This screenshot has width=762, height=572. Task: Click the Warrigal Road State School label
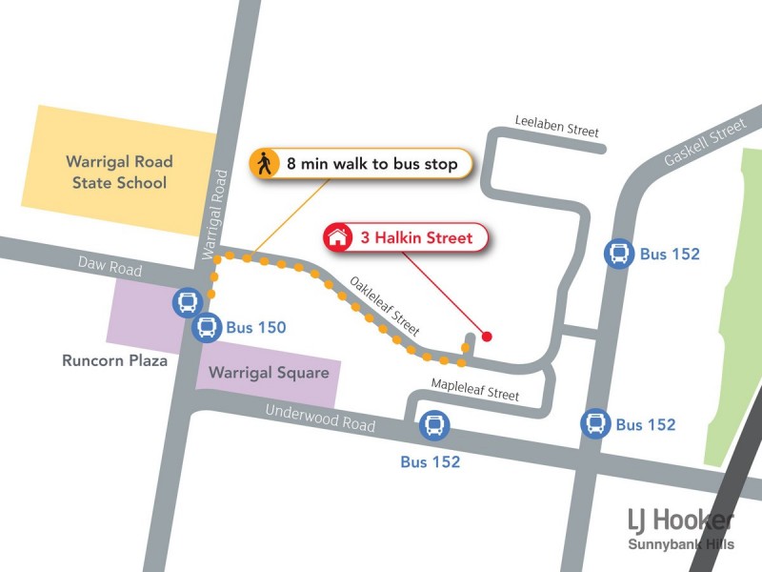click(119, 173)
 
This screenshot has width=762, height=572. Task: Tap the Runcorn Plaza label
click(114, 361)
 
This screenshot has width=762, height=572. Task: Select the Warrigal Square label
click(269, 373)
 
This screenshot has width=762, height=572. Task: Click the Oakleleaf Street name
click(384, 305)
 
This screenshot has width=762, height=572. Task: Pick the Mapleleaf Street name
click(474, 389)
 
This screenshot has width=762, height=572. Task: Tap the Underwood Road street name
click(320, 418)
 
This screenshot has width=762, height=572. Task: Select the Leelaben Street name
click(557, 126)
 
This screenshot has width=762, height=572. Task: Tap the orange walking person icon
click(265, 164)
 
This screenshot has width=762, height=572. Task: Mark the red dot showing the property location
click(487, 336)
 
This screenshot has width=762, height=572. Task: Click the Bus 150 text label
click(255, 328)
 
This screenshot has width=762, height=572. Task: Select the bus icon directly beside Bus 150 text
click(206, 328)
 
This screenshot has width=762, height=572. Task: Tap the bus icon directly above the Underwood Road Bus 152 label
click(434, 425)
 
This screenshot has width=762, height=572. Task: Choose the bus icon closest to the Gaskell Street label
click(619, 254)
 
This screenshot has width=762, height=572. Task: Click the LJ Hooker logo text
click(680, 521)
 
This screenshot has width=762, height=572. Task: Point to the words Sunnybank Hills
click(680, 545)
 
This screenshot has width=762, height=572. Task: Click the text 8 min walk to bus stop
click(372, 164)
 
